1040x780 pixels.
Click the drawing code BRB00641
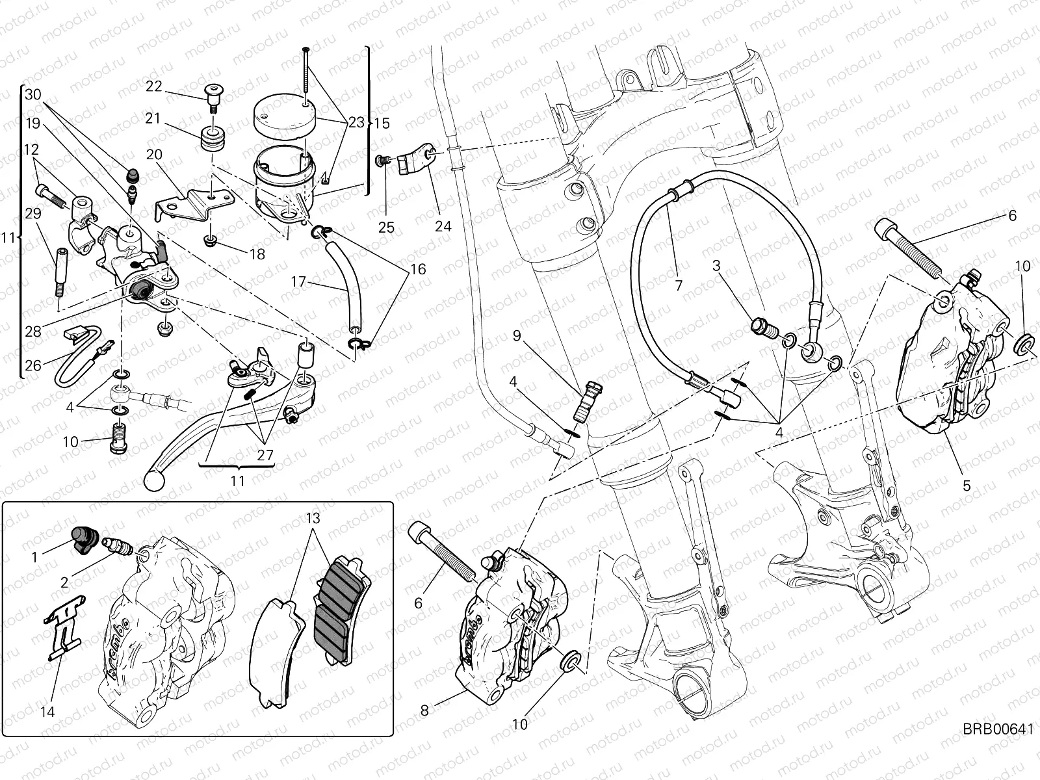tap(998, 747)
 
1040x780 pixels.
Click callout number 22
tap(154, 86)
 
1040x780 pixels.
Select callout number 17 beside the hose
tap(298, 281)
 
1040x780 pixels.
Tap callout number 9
tap(517, 335)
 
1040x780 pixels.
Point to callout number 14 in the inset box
tap(47, 712)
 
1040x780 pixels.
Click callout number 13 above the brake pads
tap(314, 519)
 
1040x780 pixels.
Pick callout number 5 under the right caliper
tap(967, 485)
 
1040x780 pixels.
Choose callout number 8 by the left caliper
tap(424, 710)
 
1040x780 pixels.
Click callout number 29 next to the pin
tap(32, 213)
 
